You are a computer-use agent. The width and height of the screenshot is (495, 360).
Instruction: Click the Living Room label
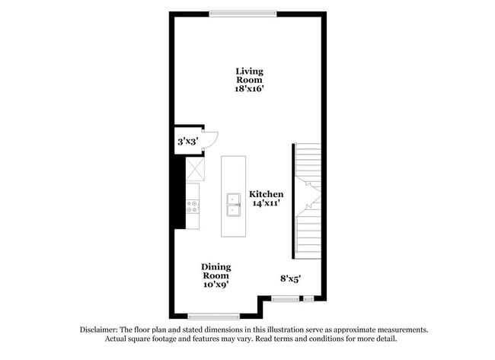click(x=249, y=75)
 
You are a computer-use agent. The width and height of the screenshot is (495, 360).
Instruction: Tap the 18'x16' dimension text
click(x=249, y=88)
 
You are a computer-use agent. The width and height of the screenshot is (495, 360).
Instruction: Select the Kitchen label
click(x=266, y=194)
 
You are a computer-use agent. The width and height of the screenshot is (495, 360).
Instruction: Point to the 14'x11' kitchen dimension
click(x=266, y=203)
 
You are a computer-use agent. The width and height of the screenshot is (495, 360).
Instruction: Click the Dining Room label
click(x=216, y=272)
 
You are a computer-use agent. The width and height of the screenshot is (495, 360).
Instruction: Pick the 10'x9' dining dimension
click(x=216, y=285)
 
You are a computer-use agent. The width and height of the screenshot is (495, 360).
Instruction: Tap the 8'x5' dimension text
click(x=290, y=279)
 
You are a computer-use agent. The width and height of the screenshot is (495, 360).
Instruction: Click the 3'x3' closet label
click(x=188, y=142)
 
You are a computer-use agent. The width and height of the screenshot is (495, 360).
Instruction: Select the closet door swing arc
click(x=214, y=141)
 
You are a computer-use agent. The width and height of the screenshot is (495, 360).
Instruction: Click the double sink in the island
click(x=234, y=205)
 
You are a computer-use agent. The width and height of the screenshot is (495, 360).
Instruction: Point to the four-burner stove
click(x=192, y=207)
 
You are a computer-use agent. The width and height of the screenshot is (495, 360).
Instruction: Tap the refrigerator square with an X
click(x=195, y=169)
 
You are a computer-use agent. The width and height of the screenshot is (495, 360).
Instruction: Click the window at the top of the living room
click(x=243, y=14)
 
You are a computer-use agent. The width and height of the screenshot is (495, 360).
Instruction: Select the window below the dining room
click(x=214, y=316)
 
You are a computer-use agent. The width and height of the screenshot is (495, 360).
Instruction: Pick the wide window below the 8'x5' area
click(x=285, y=298)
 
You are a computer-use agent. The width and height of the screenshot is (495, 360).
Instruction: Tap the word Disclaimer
click(x=98, y=330)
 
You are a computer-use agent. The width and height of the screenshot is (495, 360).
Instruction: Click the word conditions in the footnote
click(x=324, y=339)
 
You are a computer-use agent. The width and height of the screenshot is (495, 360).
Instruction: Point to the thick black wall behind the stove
click(x=180, y=192)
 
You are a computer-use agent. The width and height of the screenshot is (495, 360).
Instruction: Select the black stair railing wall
click(x=293, y=201)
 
